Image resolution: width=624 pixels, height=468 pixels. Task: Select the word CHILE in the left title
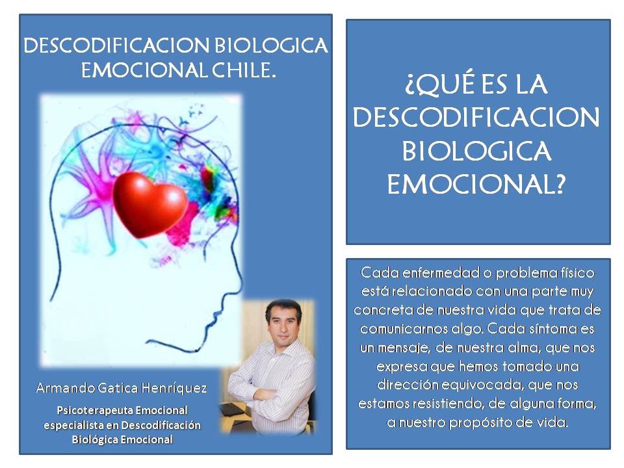(245, 71)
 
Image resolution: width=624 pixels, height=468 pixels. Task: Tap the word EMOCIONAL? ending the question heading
(476, 186)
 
